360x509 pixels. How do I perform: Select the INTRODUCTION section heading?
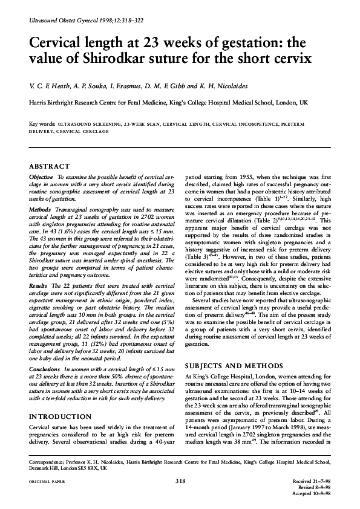(x=61, y=417)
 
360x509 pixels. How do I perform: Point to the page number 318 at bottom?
(x=180, y=481)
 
